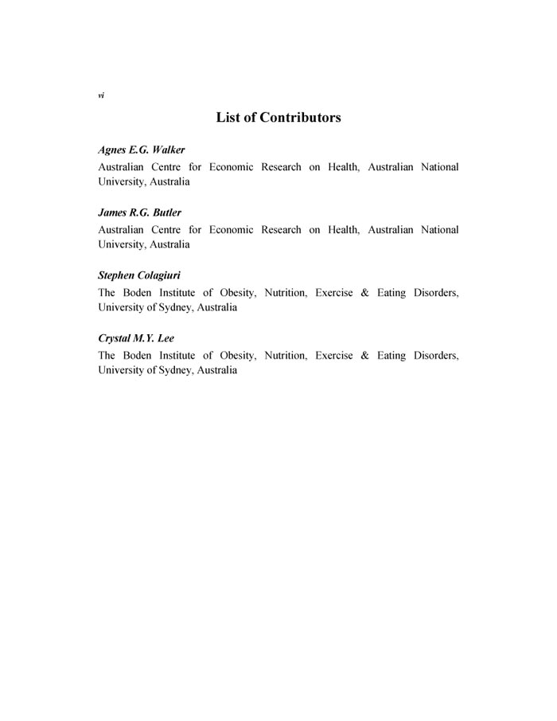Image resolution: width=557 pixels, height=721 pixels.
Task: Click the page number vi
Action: [x=101, y=95]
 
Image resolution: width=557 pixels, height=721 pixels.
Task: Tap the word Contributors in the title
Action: [x=301, y=118]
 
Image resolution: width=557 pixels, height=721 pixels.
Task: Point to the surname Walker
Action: [x=169, y=150]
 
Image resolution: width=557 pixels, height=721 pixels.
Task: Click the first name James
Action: [x=112, y=213]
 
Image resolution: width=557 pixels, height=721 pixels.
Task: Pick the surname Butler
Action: [x=166, y=213]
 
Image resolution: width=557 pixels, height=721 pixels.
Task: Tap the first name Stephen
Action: [x=118, y=275]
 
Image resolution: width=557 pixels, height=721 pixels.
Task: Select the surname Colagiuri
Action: [x=161, y=275]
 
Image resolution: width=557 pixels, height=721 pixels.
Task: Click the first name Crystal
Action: [x=115, y=338]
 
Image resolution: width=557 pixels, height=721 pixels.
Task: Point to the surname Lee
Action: [x=165, y=338]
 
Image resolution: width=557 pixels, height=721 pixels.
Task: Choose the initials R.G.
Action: [x=139, y=213]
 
